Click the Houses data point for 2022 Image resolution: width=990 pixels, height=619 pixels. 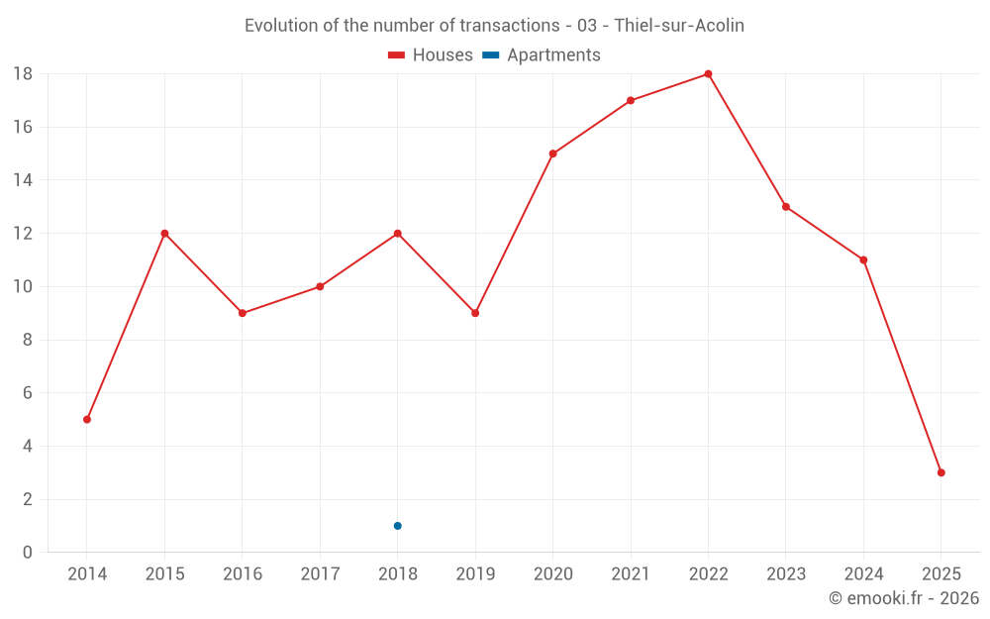pyautogui.click(x=708, y=74)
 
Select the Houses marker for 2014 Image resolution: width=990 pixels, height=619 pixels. pyautogui.click(x=87, y=419)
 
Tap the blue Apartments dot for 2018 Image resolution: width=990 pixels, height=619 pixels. pyautogui.click(x=397, y=526)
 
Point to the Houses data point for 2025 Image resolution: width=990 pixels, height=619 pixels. pyautogui.click(x=940, y=472)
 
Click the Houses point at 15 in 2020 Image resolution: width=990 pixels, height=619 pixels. pyautogui.click(x=552, y=154)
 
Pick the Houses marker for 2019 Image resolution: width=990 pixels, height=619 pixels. pyautogui.click(x=475, y=313)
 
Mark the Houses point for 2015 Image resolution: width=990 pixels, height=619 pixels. pyautogui.click(x=164, y=234)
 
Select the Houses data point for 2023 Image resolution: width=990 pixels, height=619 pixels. pyautogui.click(x=785, y=207)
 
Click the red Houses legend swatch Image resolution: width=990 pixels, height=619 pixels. pyautogui.click(x=397, y=55)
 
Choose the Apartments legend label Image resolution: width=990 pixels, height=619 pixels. pyautogui.click(x=553, y=55)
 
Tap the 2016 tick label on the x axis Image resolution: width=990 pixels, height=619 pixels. pyautogui.click(x=243, y=574)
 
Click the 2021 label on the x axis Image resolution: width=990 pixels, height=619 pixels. pyautogui.click(x=631, y=574)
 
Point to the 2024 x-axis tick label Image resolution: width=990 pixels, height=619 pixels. pyautogui.click(x=863, y=574)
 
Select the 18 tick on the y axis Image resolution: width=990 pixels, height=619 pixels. pyautogui.click(x=22, y=74)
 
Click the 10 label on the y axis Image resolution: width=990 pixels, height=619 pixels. pyautogui.click(x=22, y=287)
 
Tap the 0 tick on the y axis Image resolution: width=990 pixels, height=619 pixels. pyautogui.click(x=27, y=553)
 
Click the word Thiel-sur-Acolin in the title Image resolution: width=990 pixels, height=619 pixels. pyautogui.click(x=679, y=26)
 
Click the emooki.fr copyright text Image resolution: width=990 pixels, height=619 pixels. pyautogui.click(x=903, y=598)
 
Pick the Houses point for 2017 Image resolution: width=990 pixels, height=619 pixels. pyautogui.click(x=320, y=286)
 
